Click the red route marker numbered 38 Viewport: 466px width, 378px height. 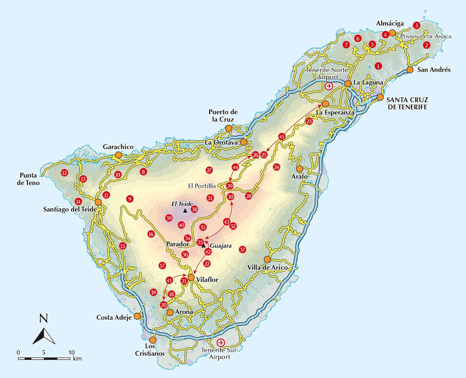pyautogui.click(x=194, y=209)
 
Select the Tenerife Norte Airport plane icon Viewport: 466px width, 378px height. pyautogui.click(x=329, y=86)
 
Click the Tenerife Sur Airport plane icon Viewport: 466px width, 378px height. pyautogui.click(x=221, y=343)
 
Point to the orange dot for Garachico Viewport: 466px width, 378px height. pyautogui.click(x=118, y=155)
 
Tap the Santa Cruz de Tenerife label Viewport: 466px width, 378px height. pyautogui.click(x=407, y=103)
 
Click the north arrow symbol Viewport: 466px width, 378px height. pyautogui.click(x=44, y=336)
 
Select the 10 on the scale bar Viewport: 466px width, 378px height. pyautogui.click(x=71, y=352)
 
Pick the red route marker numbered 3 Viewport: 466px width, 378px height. pyautogui.click(x=416, y=25)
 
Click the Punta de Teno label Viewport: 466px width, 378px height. pyautogui.click(x=28, y=179)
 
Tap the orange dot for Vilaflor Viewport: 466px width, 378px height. pyautogui.click(x=191, y=277)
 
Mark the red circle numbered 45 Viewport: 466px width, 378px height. pyautogui.click(x=282, y=136)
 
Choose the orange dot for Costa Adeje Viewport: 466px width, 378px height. pyautogui.click(x=137, y=316)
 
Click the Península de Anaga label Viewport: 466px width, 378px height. pyautogui.click(x=426, y=37)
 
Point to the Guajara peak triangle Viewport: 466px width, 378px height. pyautogui.click(x=203, y=246)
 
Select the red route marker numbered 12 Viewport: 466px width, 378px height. pyautogui.click(x=64, y=173)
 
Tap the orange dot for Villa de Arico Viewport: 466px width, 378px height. pyautogui.click(x=267, y=259)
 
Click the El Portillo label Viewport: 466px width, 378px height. pyautogui.click(x=202, y=186)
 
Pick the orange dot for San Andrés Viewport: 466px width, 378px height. pyautogui.click(x=410, y=70)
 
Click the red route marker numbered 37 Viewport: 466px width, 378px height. pyautogui.click(x=242, y=249)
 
